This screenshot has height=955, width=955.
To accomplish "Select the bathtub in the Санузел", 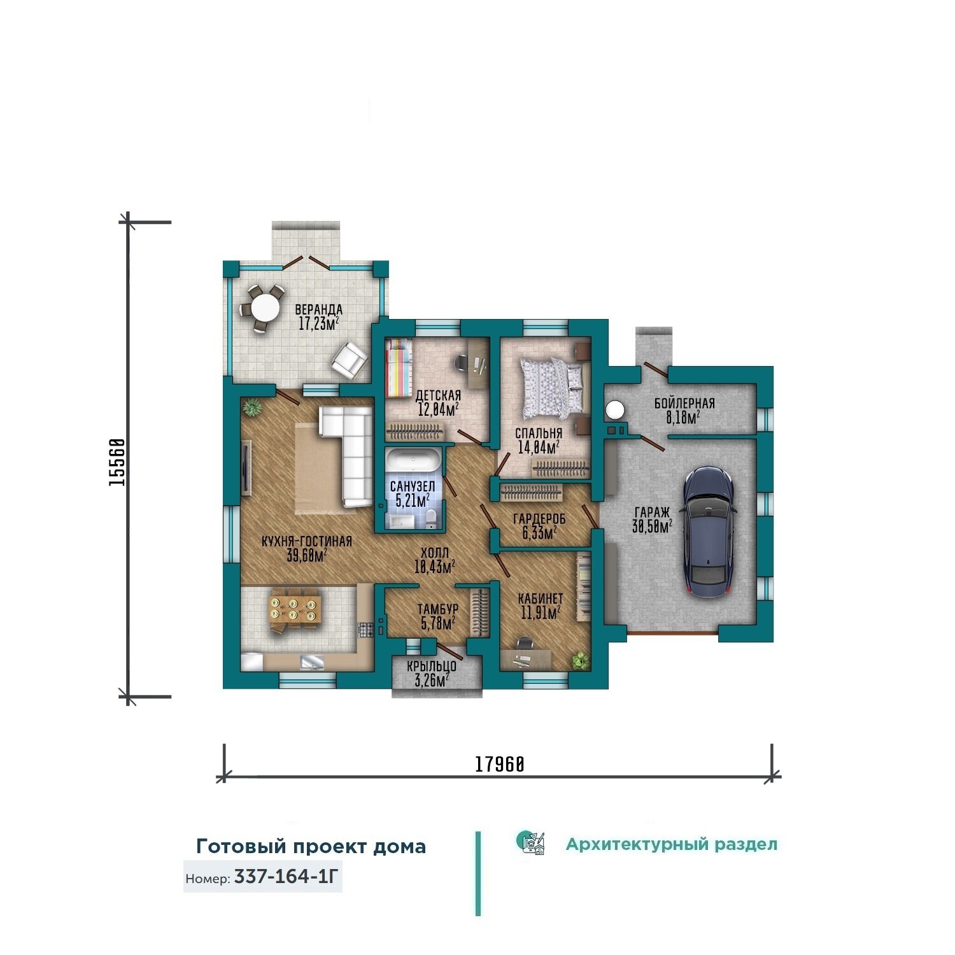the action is (413, 461).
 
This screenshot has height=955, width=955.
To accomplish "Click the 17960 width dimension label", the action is (500, 763).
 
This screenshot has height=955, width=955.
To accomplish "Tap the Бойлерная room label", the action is (684, 403).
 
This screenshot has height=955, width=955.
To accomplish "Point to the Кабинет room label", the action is (541, 598).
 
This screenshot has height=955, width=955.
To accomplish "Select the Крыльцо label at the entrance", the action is (432, 667).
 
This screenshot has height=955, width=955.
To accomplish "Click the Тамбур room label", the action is (438, 609).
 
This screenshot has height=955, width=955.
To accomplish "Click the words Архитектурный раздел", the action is (672, 844).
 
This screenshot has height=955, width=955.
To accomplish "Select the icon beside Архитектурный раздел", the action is (531, 843).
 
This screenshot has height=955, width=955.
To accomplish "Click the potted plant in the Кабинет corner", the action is (579, 660).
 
